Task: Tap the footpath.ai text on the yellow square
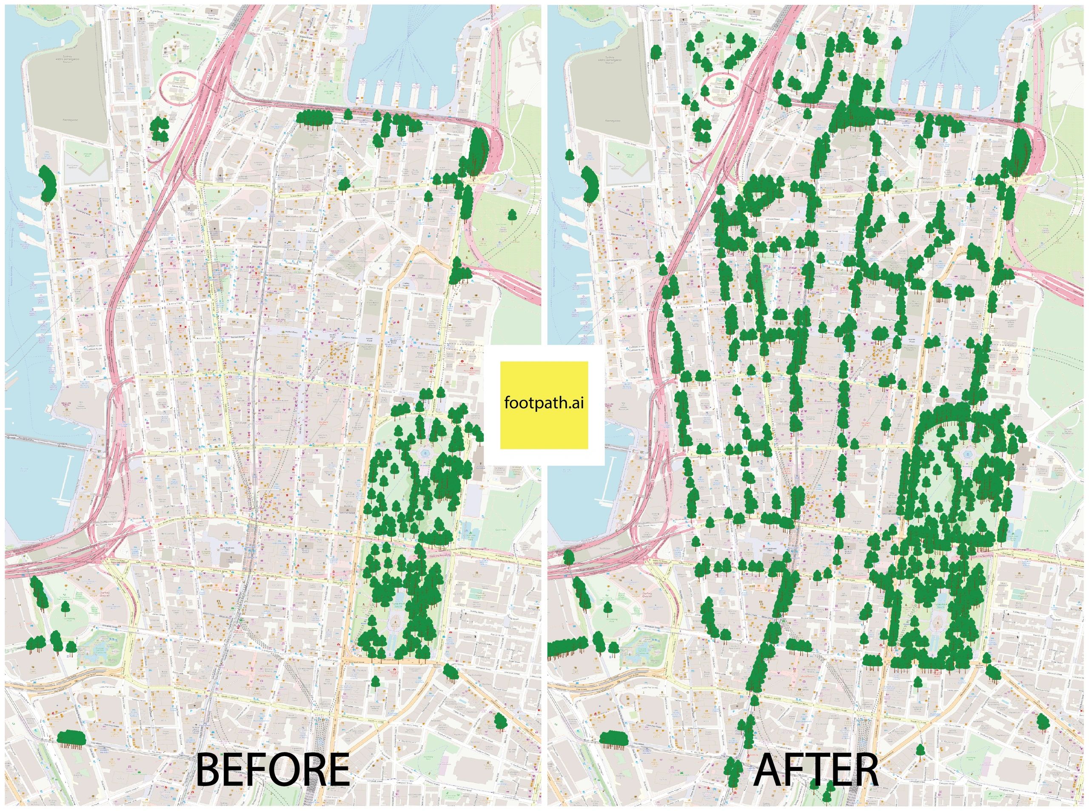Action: tap(544, 404)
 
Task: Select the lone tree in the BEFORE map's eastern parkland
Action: tap(513, 215)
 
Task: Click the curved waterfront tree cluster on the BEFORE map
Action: tap(47, 184)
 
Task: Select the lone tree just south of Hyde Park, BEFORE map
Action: tap(376, 682)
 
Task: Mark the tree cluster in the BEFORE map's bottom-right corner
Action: tap(500, 721)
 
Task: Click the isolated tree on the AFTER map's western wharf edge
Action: tap(570, 156)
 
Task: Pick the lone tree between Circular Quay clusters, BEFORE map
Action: tap(348, 115)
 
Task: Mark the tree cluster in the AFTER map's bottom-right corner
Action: tap(1042, 721)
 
